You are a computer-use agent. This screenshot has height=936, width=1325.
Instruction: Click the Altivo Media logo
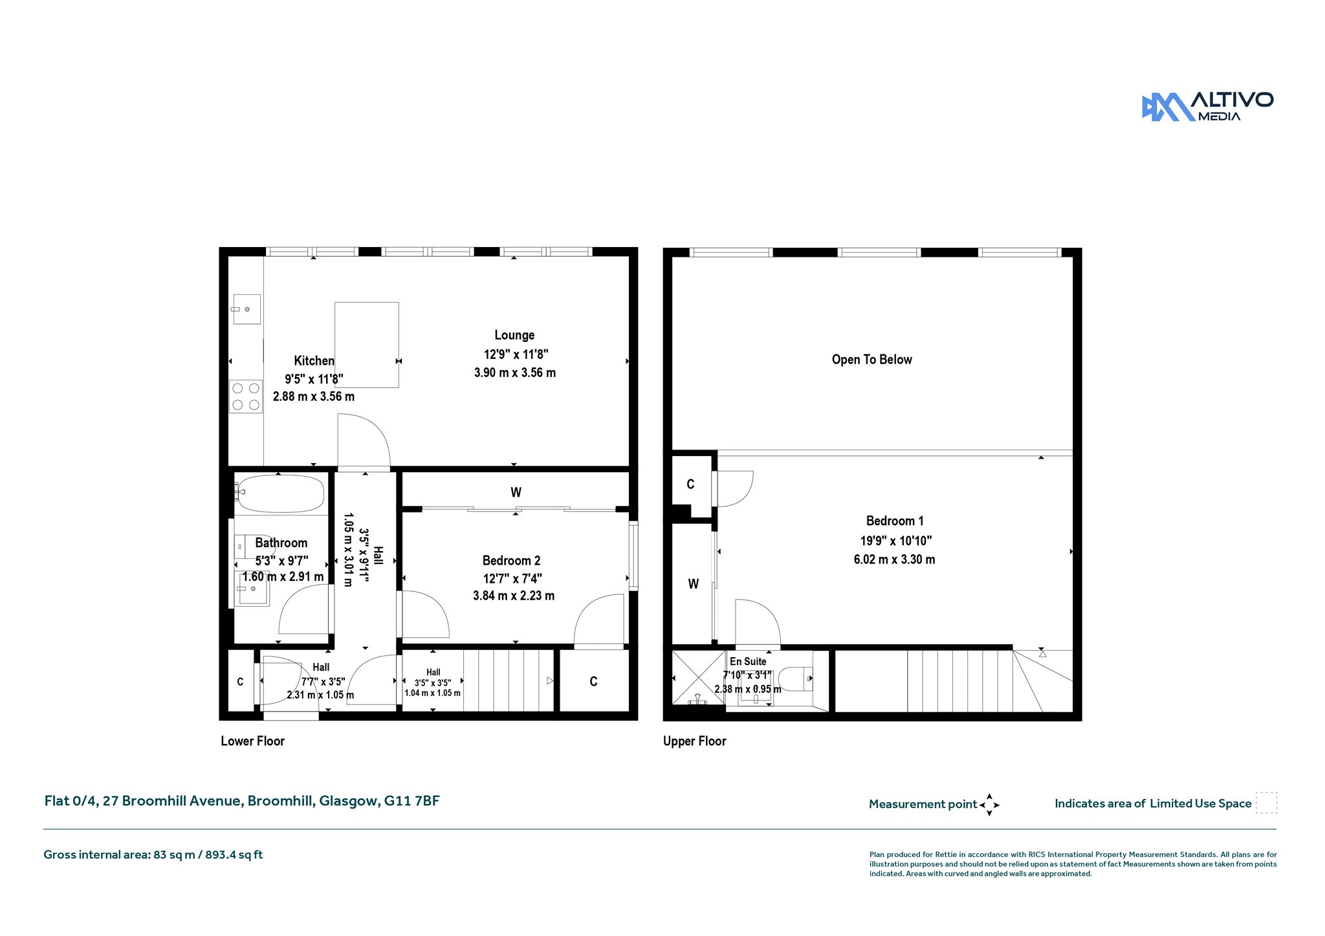(1207, 107)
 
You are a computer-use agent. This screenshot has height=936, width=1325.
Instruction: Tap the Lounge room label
(514, 335)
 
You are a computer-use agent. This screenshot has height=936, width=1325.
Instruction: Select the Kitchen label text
(314, 361)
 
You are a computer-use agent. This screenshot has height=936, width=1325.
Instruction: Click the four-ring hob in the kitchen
(246, 397)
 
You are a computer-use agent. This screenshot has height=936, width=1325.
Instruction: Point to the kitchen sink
(246, 309)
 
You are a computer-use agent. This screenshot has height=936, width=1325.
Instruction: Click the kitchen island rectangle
(366, 345)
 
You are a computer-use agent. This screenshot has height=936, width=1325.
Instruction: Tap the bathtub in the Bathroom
(279, 494)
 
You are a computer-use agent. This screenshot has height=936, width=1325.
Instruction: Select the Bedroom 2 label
(511, 561)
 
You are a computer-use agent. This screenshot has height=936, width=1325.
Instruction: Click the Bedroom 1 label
(895, 521)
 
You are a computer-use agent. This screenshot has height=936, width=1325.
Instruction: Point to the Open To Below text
(871, 360)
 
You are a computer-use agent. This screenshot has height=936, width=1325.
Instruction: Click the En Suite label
(748, 661)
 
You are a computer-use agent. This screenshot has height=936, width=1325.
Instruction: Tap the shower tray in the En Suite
(699, 677)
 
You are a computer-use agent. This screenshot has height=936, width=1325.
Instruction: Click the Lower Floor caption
(252, 741)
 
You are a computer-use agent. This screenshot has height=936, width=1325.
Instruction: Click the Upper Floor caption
(695, 741)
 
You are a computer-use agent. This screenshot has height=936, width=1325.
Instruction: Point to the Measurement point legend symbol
(989, 805)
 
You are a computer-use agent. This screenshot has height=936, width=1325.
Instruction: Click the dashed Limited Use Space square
(1266, 803)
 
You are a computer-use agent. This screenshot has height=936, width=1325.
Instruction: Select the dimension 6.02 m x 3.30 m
(894, 560)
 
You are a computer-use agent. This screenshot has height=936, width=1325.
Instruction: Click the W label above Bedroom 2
(516, 492)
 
